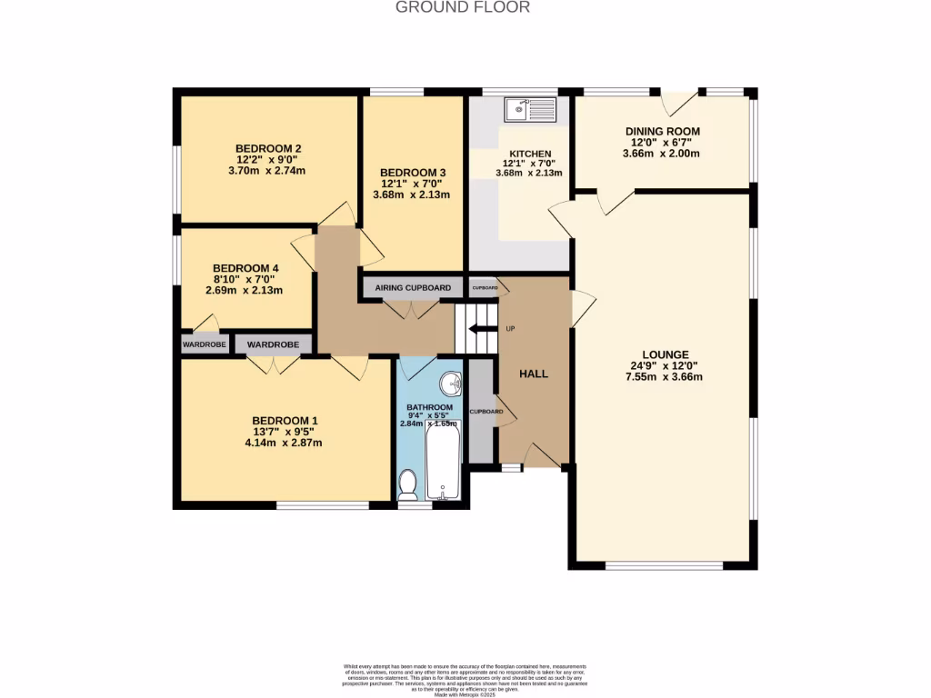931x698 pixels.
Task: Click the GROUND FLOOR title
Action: (463, 7)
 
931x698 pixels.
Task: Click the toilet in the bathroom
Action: (407, 484)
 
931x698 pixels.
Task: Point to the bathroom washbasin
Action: (450, 382)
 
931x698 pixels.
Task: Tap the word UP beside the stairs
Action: (510, 328)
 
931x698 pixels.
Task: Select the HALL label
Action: (534, 374)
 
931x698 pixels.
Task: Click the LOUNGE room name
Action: (666, 354)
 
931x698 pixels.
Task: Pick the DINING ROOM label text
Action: (662, 131)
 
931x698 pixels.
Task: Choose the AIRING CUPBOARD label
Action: (413, 288)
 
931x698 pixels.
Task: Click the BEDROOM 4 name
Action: (245, 268)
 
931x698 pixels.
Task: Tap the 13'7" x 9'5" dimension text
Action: (284, 432)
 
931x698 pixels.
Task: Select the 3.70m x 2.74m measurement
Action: (268, 171)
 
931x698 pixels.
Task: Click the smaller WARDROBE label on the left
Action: (204, 344)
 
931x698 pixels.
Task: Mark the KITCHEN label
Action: (530, 153)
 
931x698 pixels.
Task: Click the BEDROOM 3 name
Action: (413, 172)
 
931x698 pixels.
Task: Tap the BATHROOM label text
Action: (429, 406)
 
